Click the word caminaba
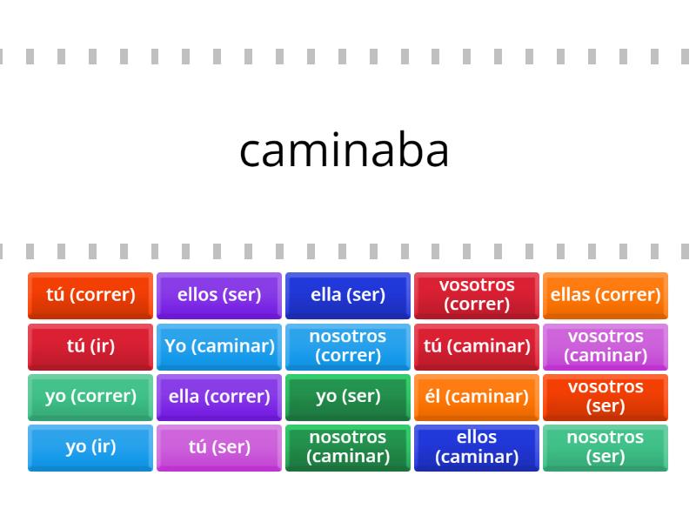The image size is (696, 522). pyautogui.click(x=344, y=151)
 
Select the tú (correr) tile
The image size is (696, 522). pyautogui.click(x=90, y=296)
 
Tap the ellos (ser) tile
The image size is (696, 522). pyautogui.click(x=219, y=296)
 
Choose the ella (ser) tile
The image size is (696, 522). pyautogui.click(x=348, y=296)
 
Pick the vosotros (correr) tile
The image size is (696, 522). pyautogui.click(x=477, y=296)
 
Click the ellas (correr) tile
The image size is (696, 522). pyautogui.click(x=606, y=296)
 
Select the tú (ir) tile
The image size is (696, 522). pyautogui.click(x=90, y=346)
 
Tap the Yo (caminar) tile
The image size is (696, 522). pyautogui.click(x=219, y=346)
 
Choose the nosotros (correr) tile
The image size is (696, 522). pyautogui.click(x=348, y=346)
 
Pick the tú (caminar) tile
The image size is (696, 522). pyautogui.click(x=477, y=346)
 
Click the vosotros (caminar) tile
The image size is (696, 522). pyautogui.click(x=606, y=346)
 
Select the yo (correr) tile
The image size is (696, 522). pyautogui.click(x=90, y=398)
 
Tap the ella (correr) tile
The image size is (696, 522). pyautogui.click(x=219, y=398)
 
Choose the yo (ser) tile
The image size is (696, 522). pyautogui.click(x=348, y=398)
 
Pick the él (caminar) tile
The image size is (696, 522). pyautogui.click(x=477, y=398)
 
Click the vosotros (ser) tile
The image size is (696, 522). pyautogui.click(x=606, y=398)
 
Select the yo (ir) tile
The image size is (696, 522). pyautogui.click(x=90, y=448)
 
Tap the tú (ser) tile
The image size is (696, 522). pyautogui.click(x=219, y=448)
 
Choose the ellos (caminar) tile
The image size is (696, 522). pyautogui.click(x=477, y=448)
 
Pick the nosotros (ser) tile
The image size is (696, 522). pyautogui.click(x=606, y=448)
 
